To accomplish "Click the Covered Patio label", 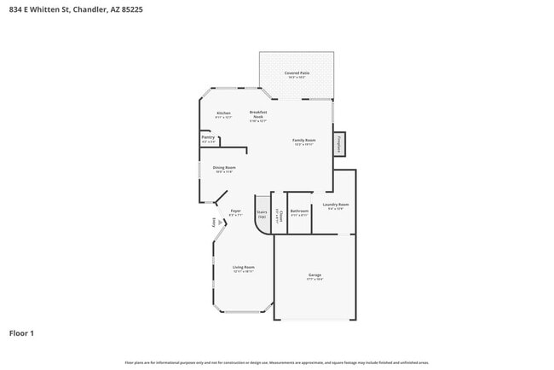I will click(297, 74).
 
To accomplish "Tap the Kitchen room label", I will click(223, 113).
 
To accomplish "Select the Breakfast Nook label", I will click(258, 115).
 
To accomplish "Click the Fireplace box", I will click(340, 144).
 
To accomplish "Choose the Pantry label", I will click(208, 138).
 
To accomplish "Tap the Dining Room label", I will click(224, 169).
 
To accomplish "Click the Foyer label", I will click(236, 211).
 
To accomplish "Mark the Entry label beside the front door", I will click(213, 223).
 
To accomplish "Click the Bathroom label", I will click(299, 212).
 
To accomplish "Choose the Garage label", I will click(315, 275).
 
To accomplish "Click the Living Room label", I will click(244, 269).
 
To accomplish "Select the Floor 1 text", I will click(22, 332).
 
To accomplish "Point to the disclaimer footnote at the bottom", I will click(277, 361).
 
